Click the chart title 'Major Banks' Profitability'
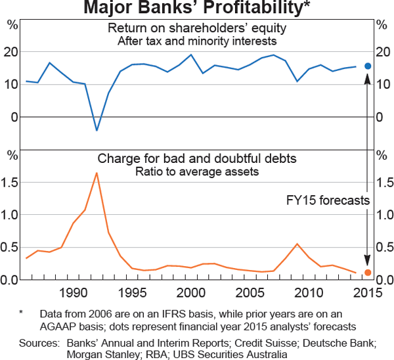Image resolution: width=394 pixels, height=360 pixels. pyautogui.click(x=197, y=9)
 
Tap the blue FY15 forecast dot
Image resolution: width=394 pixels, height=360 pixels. pyautogui.click(x=368, y=66)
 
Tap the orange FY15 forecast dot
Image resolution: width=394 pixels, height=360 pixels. pyautogui.click(x=368, y=273)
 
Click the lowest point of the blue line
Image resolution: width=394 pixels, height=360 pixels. pyautogui.click(x=97, y=130)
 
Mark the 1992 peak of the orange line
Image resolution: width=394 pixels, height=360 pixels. pyautogui.click(x=97, y=173)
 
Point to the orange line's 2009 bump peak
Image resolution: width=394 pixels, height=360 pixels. pyautogui.click(x=297, y=244)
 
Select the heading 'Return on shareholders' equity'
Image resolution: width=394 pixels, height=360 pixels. pyautogui.click(x=197, y=29)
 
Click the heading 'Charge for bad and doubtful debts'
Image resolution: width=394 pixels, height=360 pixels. pyautogui.click(x=197, y=159)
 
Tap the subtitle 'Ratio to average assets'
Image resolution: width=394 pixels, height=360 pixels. pyautogui.click(x=197, y=172)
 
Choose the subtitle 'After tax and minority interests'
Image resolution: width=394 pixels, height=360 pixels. pyautogui.click(x=197, y=41)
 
